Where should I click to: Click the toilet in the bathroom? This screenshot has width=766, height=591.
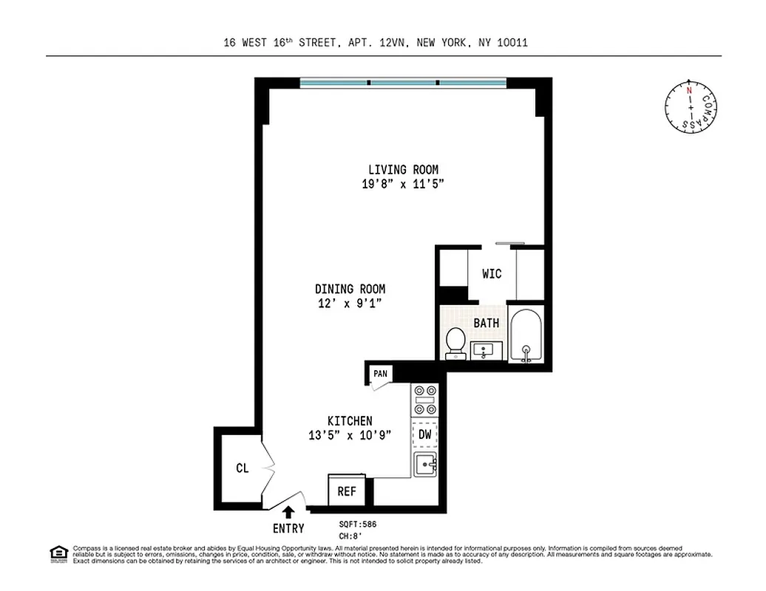click(456, 342)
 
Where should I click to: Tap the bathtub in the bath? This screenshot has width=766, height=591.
click(526, 335)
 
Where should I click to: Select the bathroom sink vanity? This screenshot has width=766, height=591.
click(487, 350)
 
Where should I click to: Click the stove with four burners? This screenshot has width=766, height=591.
click(426, 400)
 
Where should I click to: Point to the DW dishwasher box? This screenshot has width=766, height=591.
click(425, 434)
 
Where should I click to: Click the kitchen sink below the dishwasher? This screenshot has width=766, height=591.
click(426, 465)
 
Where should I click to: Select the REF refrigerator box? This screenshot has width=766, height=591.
click(347, 491)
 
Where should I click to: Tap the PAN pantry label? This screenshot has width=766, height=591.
click(380, 374)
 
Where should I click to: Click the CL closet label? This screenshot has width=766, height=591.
click(242, 468)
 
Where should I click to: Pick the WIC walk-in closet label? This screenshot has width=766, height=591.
click(492, 273)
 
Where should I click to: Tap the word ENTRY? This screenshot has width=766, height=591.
click(288, 528)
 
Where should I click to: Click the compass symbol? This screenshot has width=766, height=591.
click(691, 108)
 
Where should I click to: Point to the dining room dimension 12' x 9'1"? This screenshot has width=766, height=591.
click(350, 303)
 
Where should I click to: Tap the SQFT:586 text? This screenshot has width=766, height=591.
click(358, 524)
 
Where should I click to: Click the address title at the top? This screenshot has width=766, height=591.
click(376, 43)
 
